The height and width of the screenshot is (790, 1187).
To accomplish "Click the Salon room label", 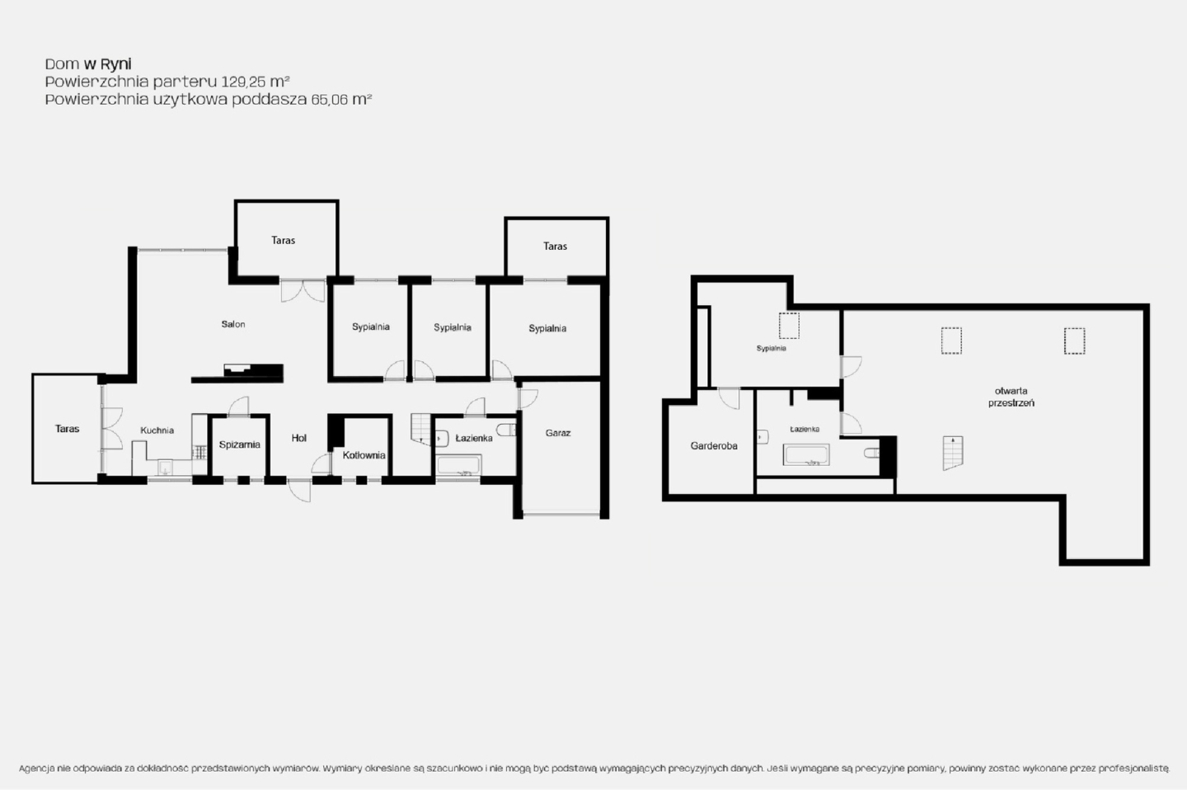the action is (233, 324).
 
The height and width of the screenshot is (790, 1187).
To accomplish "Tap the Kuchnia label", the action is (157, 430).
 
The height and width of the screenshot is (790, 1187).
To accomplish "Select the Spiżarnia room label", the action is (240, 444).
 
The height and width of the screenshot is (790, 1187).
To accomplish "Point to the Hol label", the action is (299, 438).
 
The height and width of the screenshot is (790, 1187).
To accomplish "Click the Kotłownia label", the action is (364, 455).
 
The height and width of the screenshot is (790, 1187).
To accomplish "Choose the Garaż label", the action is (558, 433).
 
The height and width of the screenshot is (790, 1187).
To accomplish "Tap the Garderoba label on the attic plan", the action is (714, 446).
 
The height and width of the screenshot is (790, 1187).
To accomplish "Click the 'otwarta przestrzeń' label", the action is (1011, 397).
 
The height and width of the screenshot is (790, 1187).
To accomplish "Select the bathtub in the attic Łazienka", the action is (806, 455).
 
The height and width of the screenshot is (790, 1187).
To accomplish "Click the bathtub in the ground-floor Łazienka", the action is (459, 465).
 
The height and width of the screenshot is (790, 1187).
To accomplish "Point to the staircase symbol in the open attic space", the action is (953, 453).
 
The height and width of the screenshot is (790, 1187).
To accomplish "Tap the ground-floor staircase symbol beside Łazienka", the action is (421, 429).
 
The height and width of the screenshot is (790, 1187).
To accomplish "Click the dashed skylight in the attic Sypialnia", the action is (789, 326).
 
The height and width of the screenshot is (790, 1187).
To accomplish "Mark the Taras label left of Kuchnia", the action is (68, 429).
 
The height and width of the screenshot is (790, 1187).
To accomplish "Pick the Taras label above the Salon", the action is (283, 240).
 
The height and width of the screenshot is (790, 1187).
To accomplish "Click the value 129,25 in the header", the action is (243, 82).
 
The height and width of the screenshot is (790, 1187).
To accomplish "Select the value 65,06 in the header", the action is (329, 99).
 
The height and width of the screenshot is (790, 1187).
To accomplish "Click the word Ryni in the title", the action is (115, 64).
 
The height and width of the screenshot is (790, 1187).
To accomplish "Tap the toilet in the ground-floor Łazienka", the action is (506, 430).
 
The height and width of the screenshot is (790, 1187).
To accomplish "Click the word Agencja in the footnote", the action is (36, 769).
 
